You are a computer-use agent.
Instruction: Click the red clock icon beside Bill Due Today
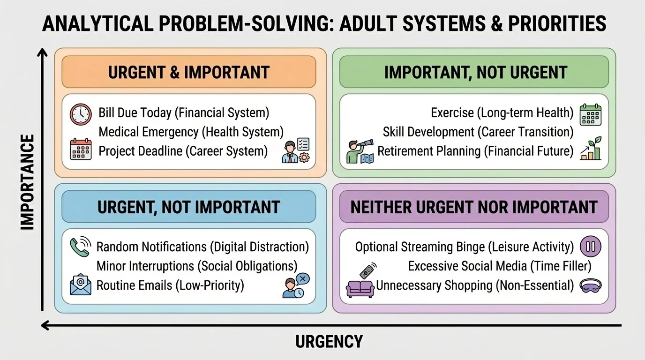(81, 114)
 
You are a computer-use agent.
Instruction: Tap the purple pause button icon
(590, 247)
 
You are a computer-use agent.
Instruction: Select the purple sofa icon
(360, 288)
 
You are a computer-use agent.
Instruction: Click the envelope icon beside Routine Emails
(81, 285)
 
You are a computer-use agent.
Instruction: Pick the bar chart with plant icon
(590, 149)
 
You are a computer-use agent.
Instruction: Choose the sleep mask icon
(591, 285)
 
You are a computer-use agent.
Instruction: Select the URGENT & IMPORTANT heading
(189, 72)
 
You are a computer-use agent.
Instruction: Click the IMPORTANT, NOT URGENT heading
(476, 72)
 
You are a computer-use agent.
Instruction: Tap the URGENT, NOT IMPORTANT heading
(189, 207)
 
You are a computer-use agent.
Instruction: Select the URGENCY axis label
(329, 341)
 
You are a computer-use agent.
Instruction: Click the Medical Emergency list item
(191, 132)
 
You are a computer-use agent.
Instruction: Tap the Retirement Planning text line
(475, 151)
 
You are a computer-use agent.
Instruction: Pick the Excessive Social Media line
(500, 266)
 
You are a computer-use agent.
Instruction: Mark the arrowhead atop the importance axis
(43, 52)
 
